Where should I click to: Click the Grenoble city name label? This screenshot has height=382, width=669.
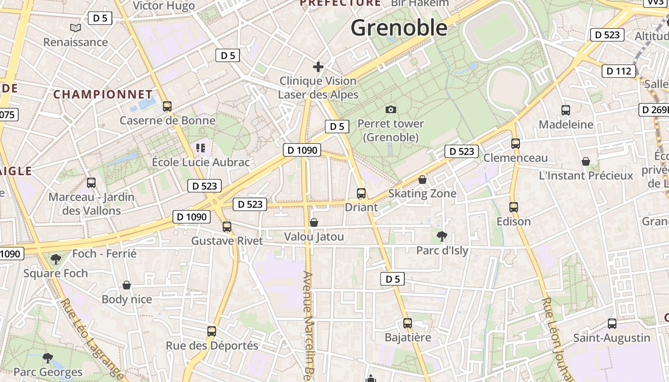tap(399, 28)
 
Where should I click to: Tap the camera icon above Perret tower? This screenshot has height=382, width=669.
tap(391, 109)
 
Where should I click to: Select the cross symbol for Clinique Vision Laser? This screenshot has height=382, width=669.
tap(318, 67)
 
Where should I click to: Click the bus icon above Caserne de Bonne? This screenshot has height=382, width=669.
tap(167, 106)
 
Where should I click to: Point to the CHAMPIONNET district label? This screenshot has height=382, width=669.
tap(103, 94)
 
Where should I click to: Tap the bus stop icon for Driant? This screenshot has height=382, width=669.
tap(361, 193)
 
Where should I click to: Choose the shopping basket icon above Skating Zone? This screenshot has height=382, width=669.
tap(422, 180)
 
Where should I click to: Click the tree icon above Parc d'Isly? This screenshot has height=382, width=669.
tap(442, 236)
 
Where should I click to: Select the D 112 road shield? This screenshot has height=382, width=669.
tap(619, 71)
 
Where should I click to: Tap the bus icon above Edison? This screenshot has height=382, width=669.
tap(514, 207)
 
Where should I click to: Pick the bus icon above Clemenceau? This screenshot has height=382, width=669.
tap(515, 143)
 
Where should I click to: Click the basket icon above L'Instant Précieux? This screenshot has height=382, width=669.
tap(586, 161)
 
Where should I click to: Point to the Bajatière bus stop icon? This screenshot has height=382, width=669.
tap(408, 323)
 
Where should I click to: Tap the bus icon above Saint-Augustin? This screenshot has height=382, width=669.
tap(612, 324)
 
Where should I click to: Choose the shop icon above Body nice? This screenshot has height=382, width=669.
tap(127, 285)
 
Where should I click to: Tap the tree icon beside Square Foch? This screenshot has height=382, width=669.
tap(56, 259)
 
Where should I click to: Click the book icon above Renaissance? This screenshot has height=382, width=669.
tap(76, 28)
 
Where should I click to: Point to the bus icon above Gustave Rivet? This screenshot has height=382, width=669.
tap(227, 226)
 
